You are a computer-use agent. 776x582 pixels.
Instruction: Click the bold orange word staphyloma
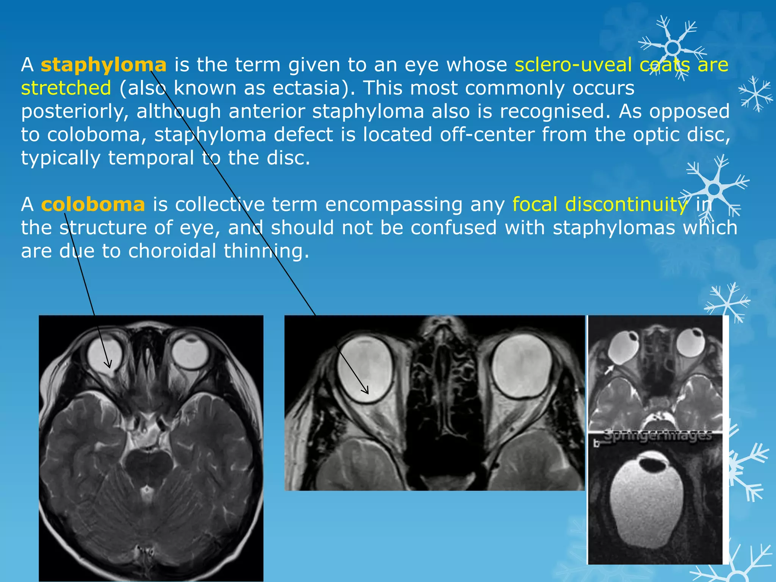[x=103, y=65]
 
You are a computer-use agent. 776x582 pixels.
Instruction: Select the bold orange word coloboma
[x=93, y=205]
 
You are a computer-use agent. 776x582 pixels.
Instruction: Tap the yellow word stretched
[x=66, y=88]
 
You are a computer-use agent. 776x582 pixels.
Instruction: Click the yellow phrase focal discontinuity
[x=600, y=205]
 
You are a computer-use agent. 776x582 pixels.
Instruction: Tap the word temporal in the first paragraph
[x=151, y=158]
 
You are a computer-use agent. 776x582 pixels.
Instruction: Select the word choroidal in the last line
[x=172, y=251]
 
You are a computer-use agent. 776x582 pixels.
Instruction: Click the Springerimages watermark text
[x=657, y=436]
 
